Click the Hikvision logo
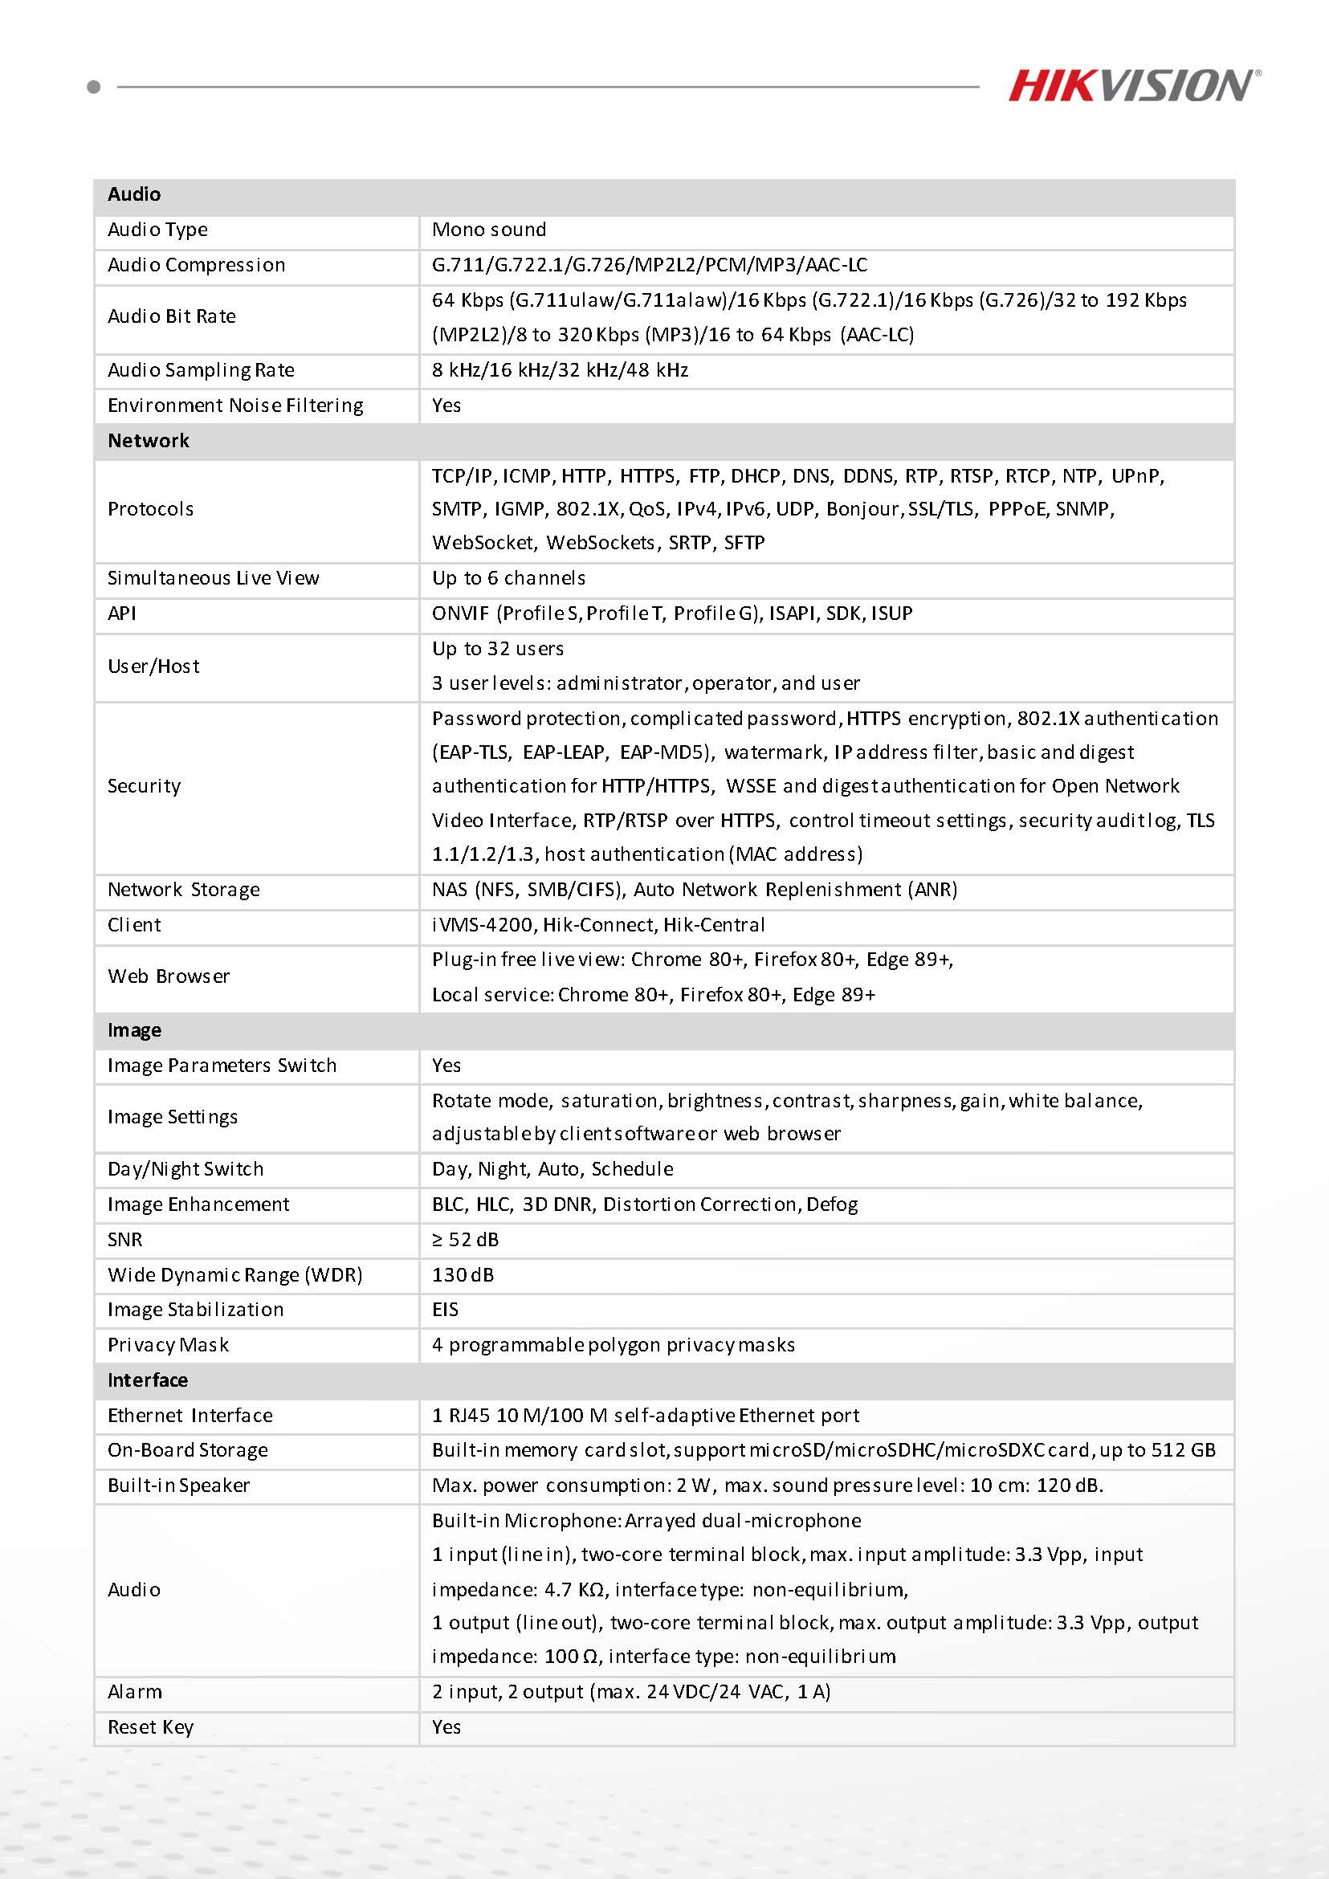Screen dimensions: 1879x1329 1134,86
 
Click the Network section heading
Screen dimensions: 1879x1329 148,441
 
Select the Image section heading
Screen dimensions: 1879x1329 134,1030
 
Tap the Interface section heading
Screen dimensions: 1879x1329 147,1380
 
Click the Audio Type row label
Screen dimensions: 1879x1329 157,230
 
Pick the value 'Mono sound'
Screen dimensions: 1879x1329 488,230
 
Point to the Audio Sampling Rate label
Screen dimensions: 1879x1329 201,371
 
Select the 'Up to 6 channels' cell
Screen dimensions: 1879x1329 508,579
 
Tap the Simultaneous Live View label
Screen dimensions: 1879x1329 213,579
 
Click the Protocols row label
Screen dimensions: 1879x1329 151,509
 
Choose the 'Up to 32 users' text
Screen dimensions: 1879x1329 498,649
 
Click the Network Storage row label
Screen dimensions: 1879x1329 183,890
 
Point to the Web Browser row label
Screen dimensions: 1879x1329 169,976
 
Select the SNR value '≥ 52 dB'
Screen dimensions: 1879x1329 465,1240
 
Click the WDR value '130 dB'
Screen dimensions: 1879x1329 463,1275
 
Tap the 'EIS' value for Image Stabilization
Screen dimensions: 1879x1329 445,1310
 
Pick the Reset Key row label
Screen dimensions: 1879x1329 151,1727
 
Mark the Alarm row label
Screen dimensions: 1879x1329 134,1693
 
